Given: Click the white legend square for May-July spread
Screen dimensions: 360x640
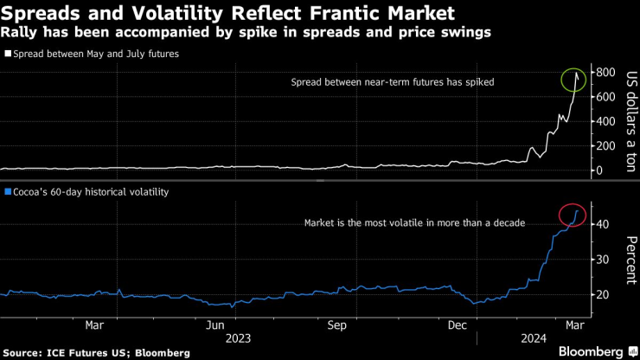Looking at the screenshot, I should [8, 54].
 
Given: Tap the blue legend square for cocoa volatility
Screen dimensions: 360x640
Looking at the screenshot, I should [8, 190].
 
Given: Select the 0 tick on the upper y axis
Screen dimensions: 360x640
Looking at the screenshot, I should [599, 170].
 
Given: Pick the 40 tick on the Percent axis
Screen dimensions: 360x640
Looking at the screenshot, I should [602, 224].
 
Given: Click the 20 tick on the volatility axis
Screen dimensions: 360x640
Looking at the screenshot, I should [602, 294].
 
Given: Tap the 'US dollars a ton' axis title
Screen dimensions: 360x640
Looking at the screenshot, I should [629, 122].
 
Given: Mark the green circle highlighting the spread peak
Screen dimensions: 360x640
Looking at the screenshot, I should [573, 80].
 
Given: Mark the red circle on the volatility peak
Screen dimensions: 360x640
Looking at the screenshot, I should [573, 214].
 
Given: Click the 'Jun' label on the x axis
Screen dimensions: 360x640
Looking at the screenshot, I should [217, 325].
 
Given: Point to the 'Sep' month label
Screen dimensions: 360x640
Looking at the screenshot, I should [337, 325].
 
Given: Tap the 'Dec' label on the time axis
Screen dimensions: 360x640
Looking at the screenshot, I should [458, 325].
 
